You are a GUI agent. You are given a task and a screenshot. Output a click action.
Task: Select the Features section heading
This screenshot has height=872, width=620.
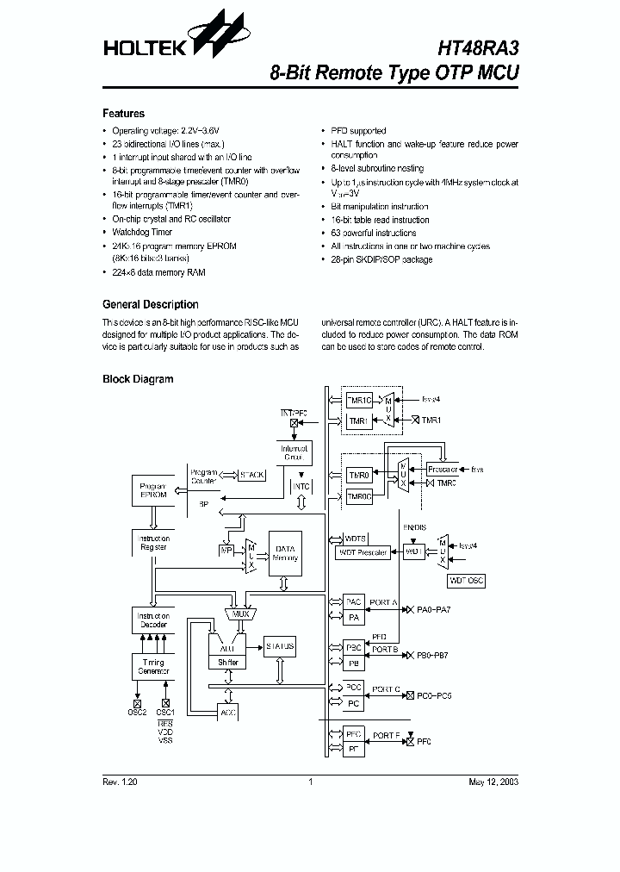click(123, 114)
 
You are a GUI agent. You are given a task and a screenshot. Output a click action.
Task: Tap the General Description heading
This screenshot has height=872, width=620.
click(150, 304)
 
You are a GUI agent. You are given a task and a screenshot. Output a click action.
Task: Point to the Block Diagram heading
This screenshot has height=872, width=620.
click(138, 379)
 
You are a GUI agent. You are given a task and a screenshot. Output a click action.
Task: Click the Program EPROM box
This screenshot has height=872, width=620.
click(152, 492)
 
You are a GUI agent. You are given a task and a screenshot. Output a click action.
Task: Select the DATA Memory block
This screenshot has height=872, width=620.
click(285, 553)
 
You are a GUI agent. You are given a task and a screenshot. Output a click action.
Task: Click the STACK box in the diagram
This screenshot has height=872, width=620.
click(251, 475)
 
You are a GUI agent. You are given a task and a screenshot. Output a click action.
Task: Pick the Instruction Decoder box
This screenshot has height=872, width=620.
click(152, 621)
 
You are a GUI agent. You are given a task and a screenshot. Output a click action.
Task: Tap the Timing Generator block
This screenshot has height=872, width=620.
click(152, 665)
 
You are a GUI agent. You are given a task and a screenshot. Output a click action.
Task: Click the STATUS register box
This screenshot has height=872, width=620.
click(280, 646)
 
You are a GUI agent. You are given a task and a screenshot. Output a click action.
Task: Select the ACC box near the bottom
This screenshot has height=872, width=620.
click(227, 712)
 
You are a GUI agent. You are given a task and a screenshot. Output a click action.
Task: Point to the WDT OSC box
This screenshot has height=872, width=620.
click(466, 582)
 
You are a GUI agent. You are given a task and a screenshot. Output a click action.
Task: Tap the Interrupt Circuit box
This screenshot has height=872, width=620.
click(294, 453)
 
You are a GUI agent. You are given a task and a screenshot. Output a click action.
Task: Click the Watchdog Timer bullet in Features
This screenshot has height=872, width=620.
click(142, 233)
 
